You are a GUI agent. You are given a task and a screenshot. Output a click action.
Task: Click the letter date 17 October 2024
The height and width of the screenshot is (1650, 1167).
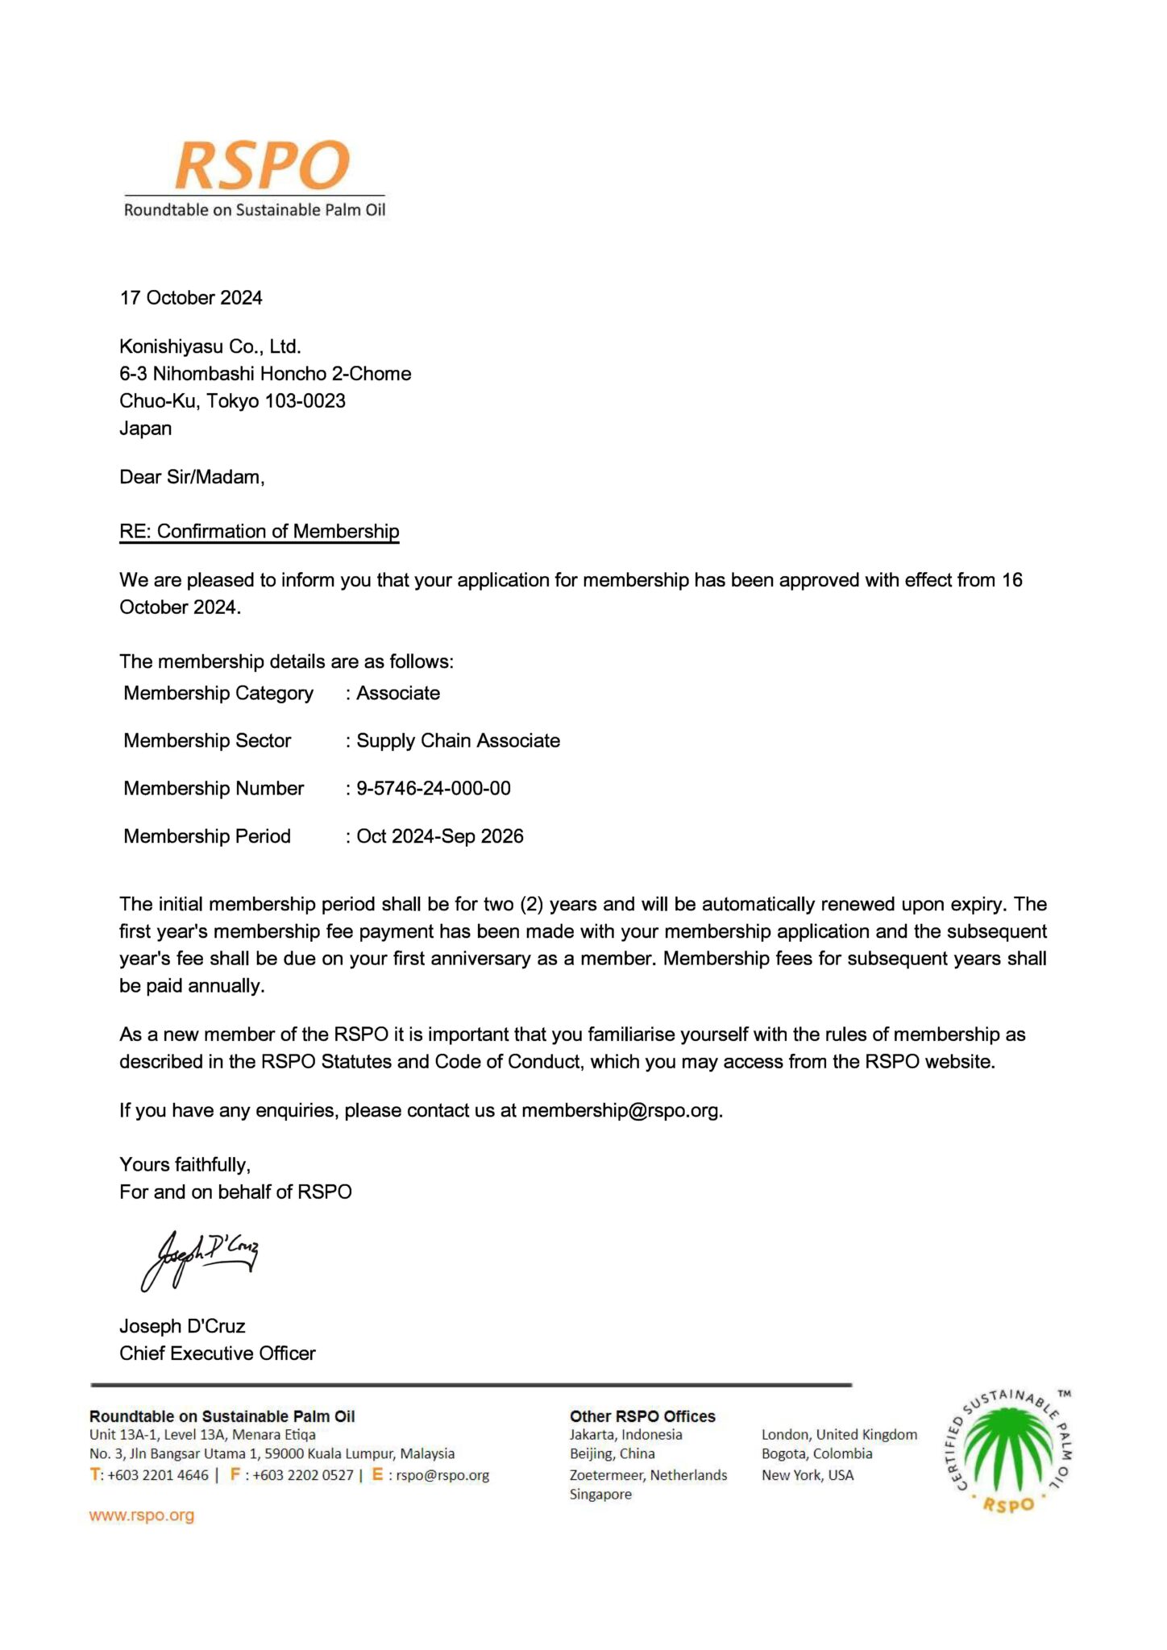[191, 298]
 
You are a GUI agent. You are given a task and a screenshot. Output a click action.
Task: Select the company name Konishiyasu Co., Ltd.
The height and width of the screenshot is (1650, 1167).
[210, 347]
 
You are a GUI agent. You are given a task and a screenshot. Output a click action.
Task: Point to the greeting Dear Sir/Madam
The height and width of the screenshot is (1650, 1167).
[192, 477]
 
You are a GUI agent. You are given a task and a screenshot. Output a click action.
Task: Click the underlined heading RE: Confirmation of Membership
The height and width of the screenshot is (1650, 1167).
[259, 532]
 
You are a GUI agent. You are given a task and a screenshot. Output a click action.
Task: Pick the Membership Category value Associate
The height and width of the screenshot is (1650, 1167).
[398, 694]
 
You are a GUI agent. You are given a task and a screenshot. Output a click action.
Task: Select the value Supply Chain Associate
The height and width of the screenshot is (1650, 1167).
[458, 741]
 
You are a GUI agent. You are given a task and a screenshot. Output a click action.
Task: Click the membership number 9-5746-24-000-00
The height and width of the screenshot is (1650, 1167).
[434, 789]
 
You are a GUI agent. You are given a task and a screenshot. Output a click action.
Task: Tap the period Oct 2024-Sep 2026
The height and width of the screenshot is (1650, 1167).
[440, 836]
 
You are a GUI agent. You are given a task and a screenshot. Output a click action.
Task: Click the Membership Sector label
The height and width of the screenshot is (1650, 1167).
[207, 741]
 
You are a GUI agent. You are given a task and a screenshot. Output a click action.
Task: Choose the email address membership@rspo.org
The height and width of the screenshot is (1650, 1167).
[621, 1111]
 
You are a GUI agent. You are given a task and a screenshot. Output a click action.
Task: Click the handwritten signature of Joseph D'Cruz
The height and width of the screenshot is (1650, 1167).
[200, 1258]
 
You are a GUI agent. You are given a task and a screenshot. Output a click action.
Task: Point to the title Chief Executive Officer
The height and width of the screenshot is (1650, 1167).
[218, 1354]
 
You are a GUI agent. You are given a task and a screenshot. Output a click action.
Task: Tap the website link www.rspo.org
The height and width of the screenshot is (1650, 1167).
[142, 1515]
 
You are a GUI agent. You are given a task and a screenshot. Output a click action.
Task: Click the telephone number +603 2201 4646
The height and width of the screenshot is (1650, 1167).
[157, 1475]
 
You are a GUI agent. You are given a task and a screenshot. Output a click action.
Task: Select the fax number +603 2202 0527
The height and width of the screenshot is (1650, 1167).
[303, 1475]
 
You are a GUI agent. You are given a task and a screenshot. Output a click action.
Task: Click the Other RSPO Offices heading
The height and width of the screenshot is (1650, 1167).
[642, 1416]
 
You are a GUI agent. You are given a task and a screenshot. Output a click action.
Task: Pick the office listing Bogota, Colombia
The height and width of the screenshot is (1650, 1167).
[816, 1453]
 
